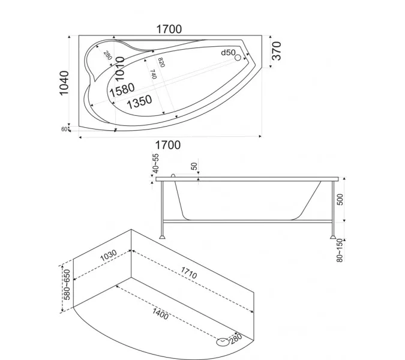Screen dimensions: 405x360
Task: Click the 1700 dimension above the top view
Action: [x=169, y=29]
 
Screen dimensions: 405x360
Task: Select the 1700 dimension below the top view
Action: [x=167, y=145]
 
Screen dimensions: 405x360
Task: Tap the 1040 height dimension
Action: [x=64, y=83]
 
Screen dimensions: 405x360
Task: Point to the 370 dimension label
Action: [x=277, y=51]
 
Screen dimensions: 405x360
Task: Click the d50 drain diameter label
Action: [x=229, y=53]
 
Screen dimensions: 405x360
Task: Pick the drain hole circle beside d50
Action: [x=238, y=58]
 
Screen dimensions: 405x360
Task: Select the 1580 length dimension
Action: [x=122, y=89]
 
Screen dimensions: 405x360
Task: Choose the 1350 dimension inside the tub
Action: [x=139, y=102]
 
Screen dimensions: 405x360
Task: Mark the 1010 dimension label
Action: [x=120, y=68]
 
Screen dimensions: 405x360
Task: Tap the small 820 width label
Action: [x=161, y=62]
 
